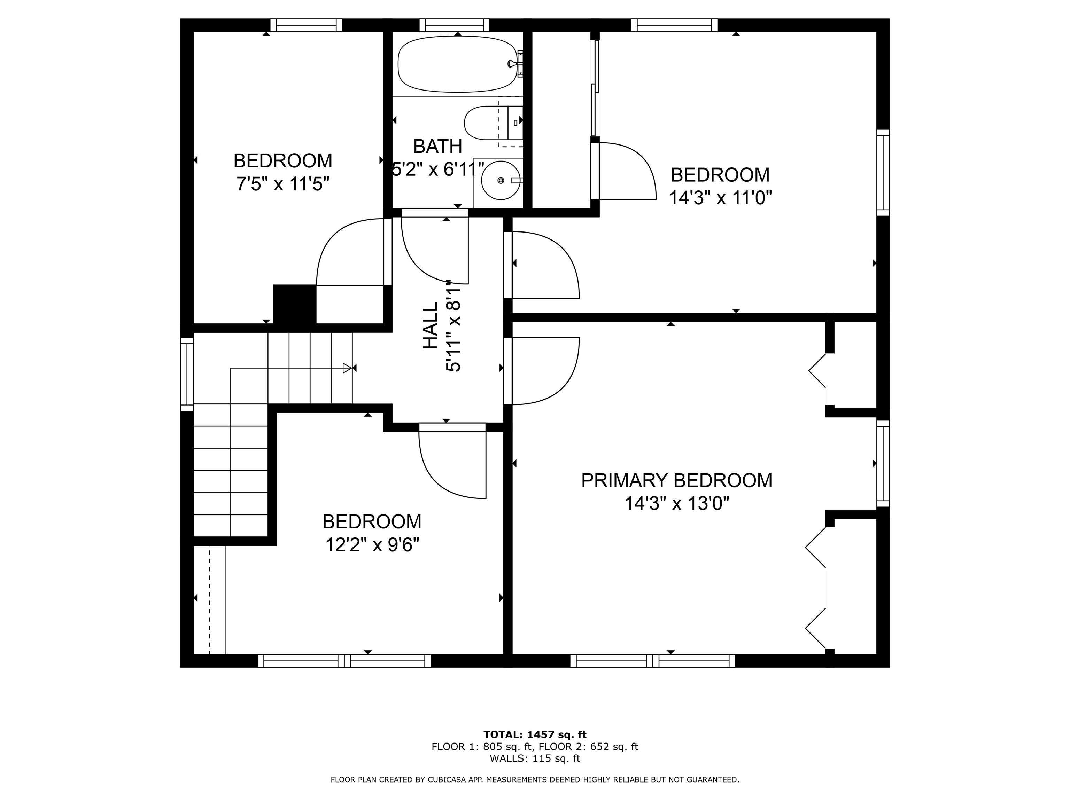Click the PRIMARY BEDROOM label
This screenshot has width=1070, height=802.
pos(676,480)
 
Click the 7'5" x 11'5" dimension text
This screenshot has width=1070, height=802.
pos(282,184)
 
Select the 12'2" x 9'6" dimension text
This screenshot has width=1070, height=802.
pos(372,545)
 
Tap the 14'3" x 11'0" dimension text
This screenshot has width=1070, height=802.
pos(720,198)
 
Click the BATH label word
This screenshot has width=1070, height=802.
pos(438,146)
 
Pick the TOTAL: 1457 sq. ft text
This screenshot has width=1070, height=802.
pos(535,735)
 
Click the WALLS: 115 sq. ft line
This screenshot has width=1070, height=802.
pos(535,758)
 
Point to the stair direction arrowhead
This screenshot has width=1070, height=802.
pos(347,368)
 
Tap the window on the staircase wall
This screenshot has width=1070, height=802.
pos(187,374)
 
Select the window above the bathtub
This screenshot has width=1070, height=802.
pos(454,25)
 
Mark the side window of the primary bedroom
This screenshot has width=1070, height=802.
pos(883,463)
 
